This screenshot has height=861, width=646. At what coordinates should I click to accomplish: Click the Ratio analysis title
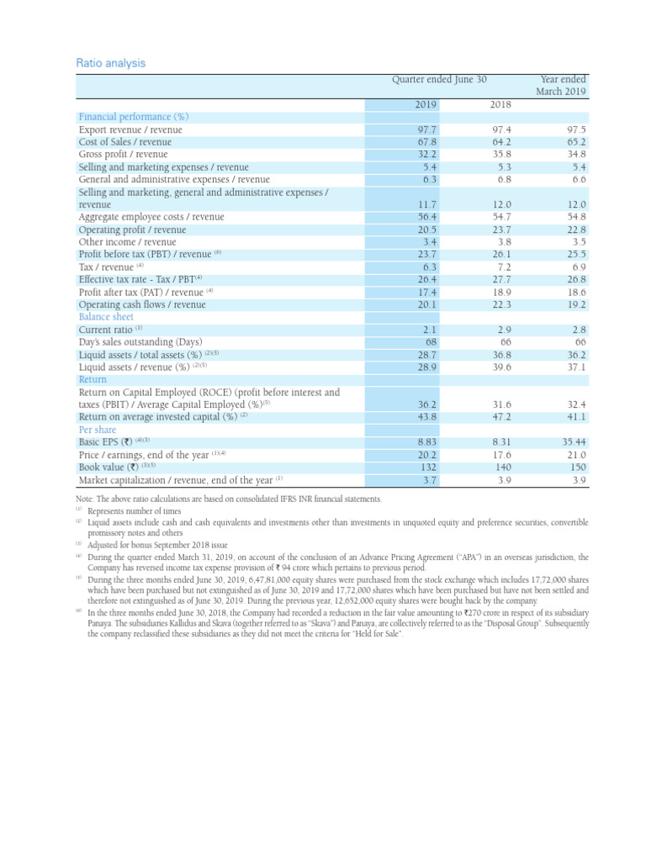111,63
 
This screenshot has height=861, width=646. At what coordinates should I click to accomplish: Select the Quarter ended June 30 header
440,80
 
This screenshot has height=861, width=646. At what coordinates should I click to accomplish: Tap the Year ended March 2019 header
563,85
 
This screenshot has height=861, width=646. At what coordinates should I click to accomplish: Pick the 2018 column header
500,104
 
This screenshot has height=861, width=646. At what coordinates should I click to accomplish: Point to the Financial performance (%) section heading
133,117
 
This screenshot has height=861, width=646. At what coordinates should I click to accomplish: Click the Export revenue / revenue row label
130,130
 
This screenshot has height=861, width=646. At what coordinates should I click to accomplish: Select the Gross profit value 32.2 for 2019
427,155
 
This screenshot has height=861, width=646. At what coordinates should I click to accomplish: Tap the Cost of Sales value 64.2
501,142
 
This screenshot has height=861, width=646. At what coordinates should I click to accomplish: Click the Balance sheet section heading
106,317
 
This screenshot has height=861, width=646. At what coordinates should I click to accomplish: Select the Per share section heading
98,430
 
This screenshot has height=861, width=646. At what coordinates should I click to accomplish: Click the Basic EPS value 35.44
572,441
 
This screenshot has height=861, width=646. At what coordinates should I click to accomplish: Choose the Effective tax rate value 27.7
501,279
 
